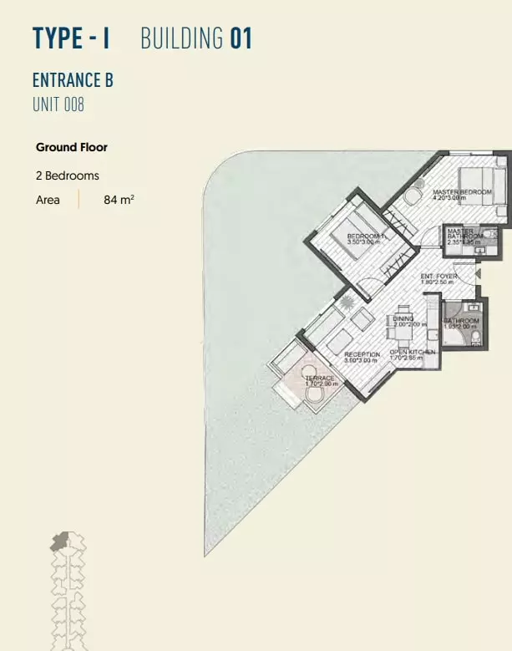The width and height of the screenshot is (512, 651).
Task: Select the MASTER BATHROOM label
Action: click(464, 234)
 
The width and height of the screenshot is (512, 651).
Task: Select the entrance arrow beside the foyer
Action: click(478, 272)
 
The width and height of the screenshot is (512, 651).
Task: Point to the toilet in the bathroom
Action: click(476, 336)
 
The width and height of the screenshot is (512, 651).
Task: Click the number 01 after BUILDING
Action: click(241, 38)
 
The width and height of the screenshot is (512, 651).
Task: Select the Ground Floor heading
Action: click(72, 147)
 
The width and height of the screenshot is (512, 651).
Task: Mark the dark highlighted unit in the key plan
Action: click(59, 542)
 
